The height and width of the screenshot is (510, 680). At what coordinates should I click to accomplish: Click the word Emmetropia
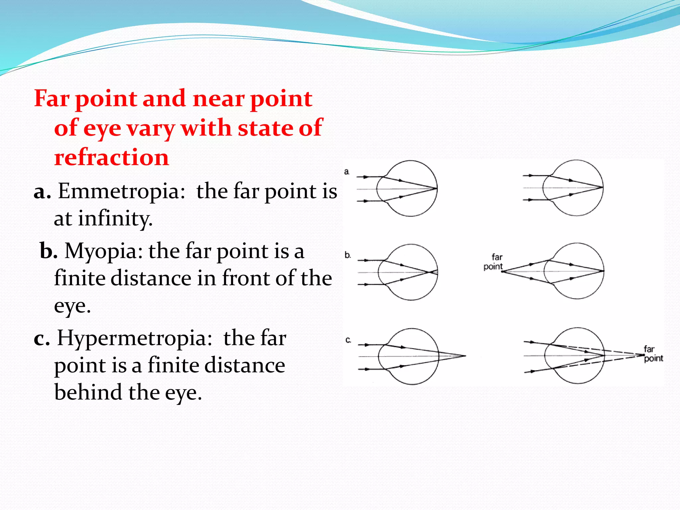tap(122, 192)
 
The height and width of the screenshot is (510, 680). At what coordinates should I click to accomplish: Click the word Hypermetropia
tap(134, 339)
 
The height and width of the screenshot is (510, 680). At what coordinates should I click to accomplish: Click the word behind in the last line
tap(88, 392)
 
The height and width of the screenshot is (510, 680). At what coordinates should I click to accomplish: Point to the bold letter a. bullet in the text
tap(42, 192)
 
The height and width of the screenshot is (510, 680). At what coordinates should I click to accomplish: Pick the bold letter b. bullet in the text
tap(48, 251)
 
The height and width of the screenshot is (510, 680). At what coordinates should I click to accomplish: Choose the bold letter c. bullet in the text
tap(42, 339)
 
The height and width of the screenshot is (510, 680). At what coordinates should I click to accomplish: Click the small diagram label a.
tap(347, 172)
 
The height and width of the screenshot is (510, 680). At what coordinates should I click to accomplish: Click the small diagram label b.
tap(347, 255)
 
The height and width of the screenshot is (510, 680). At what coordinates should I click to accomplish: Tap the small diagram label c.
tap(348, 340)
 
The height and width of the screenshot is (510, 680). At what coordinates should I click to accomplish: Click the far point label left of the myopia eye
tap(494, 262)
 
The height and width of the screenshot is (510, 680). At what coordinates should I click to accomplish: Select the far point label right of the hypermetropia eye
tap(653, 354)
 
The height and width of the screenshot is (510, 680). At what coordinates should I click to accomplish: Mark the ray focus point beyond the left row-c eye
tap(465, 356)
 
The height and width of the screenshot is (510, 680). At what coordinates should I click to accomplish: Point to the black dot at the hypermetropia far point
tap(644, 355)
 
